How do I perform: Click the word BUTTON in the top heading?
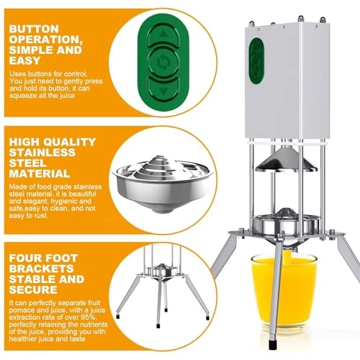pyautogui.click(x=34, y=30)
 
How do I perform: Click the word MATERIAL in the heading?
pyautogui.click(x=39, y=174)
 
